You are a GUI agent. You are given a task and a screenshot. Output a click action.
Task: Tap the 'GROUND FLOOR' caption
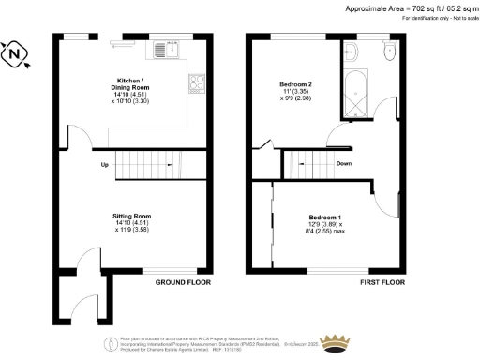pos(182,282)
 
